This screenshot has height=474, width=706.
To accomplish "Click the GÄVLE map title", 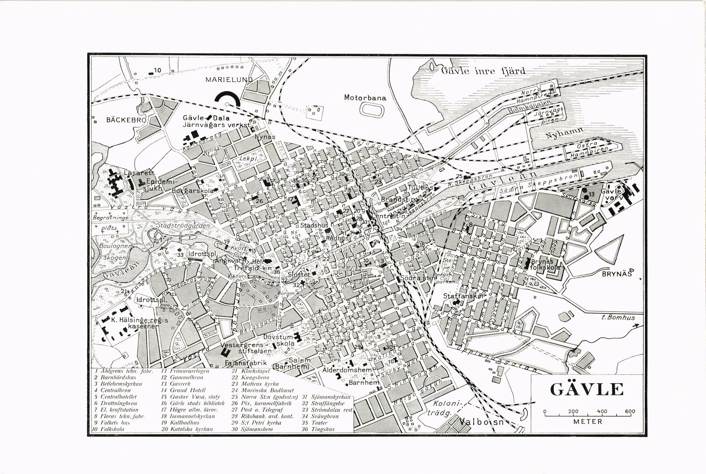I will [587, 390].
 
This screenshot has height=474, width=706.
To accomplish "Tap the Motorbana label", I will [365, 98].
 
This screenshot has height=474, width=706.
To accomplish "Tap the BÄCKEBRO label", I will [126, 120].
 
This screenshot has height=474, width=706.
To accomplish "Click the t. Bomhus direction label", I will [618, 318].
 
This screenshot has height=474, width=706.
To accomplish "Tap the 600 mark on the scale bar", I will [630, 412].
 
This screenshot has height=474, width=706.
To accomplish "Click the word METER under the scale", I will [587, 422].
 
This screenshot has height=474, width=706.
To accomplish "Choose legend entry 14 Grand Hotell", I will [183, 390].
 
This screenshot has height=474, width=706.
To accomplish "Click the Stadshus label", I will [314, 226].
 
